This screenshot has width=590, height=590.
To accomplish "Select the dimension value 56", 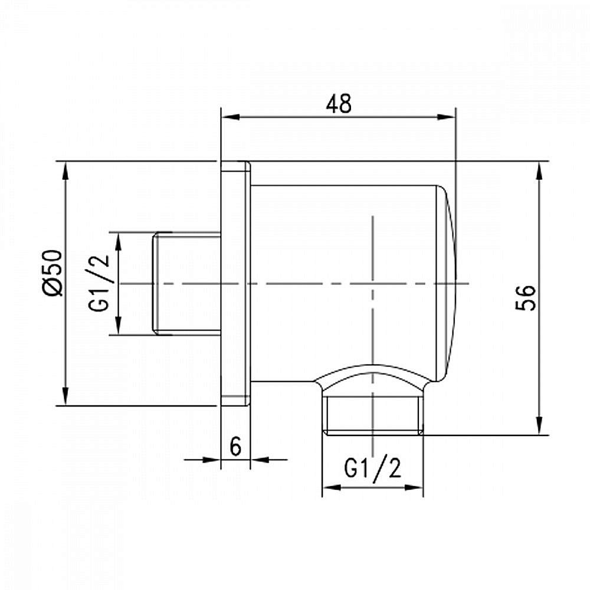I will pyautogui.click(x=526, y=297).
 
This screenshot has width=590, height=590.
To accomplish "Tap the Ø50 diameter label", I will pyautogui.click(x=52, y=272).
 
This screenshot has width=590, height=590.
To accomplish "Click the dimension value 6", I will pyautogui.click(x=235, y=447).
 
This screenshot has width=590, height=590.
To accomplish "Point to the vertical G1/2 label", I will pyautogui.click(x=102, y=284).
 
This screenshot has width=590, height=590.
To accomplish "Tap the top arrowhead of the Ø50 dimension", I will pyautogui.click(x=65, y=169).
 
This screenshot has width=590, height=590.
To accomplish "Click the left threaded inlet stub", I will pyautogui.click(x=186, y=284).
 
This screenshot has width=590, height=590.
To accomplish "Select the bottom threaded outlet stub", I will pyautogui.click(x=373, y=416).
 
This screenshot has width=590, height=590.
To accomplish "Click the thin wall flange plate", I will pyautogui.click(x=235, y=283).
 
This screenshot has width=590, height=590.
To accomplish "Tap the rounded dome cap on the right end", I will pyautogui.click(x=448, y=283).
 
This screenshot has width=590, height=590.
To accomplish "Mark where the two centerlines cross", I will pyautogui.click(x=373, y=284).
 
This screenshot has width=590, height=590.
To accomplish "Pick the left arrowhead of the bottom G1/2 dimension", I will pyautogui.click(x=329, y=487).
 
